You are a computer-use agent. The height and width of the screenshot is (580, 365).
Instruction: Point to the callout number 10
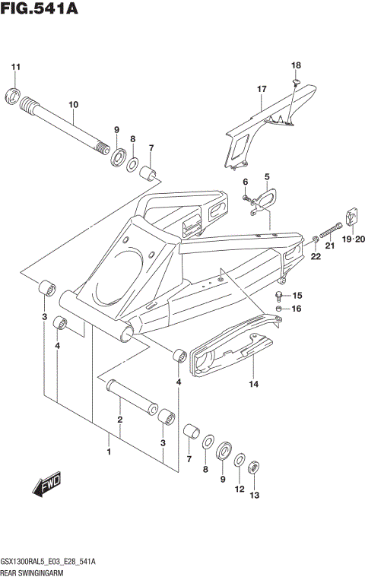pos(74,104)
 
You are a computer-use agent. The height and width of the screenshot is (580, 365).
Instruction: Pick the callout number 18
pos(296,65)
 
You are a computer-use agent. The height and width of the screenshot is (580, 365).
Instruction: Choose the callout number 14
pos(254,385)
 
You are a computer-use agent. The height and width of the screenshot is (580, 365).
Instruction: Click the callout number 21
pos(329,246)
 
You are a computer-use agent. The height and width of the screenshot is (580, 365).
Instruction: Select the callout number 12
pos(239,490)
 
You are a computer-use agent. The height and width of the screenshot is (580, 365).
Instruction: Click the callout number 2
pos(119,420)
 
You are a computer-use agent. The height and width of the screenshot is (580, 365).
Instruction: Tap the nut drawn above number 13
pos(255,467)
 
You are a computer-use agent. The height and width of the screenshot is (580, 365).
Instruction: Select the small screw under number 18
pos(297,81)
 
